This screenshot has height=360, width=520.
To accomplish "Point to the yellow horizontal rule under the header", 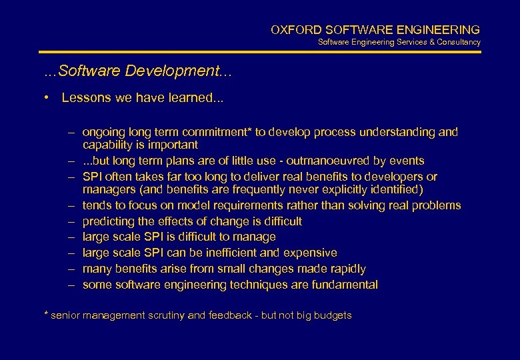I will tap(260, 52).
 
